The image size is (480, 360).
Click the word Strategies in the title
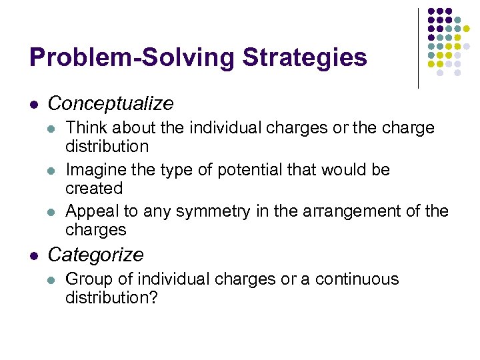pos(305,58)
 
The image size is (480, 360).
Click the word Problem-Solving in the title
pos(132,58)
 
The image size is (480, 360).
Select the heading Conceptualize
pos(111,104)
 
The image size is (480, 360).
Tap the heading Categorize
pos(95,255)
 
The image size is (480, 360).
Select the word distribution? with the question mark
pos(111,297)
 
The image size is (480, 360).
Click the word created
pos(94,188)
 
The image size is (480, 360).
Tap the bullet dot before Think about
pos(53,129)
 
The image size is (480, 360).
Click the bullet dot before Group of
pos(53,280)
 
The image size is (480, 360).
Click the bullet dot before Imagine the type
pos(53,171)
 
